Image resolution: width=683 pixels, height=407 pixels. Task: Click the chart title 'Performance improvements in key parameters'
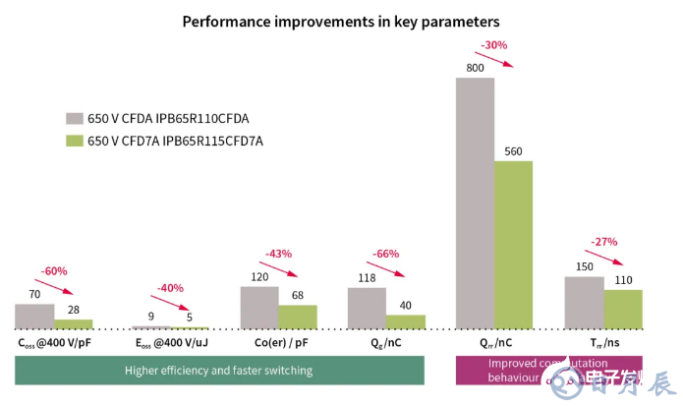coord(341,21)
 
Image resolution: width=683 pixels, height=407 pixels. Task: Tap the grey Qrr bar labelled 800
coord(475,203)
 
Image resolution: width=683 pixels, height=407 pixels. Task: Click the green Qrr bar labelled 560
coord(513,245)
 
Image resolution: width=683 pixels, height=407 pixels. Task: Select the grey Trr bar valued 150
coord(584,303)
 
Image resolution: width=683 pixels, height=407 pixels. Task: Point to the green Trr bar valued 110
coord(623,309)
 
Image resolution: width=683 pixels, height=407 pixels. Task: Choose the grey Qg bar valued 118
coord(367,308)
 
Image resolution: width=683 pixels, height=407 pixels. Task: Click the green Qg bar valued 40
coord(405,321)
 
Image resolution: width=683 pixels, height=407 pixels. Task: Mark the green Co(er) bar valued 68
coord(297,317)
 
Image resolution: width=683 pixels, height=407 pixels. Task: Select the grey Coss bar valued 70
coord(34,316)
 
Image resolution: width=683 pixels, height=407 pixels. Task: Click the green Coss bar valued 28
coord(73,323)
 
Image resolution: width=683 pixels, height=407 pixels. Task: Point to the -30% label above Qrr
coord(492,44)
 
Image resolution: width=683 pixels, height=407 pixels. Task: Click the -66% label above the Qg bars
coord(386,254)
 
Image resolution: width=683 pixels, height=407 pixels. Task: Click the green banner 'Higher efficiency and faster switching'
coord(218,371)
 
